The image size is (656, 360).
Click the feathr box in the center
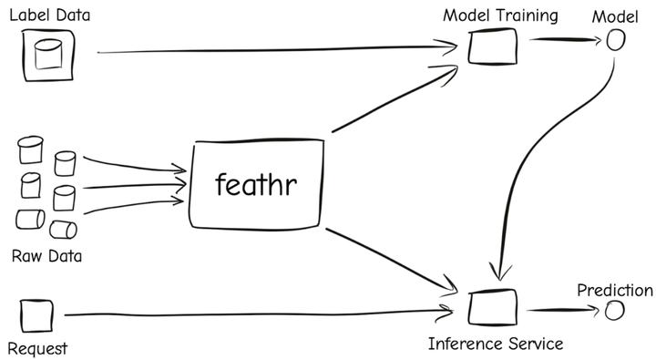click(256, 184)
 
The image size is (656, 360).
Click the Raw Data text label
click(46, 256)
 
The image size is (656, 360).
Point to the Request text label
click(37, 348)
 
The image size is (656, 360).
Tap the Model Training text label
click(500, 15)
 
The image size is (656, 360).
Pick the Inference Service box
click(492, 307)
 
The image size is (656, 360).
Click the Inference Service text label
click(496, 344)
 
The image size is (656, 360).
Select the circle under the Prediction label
click(615, 311)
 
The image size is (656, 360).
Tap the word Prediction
click(615, 291)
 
